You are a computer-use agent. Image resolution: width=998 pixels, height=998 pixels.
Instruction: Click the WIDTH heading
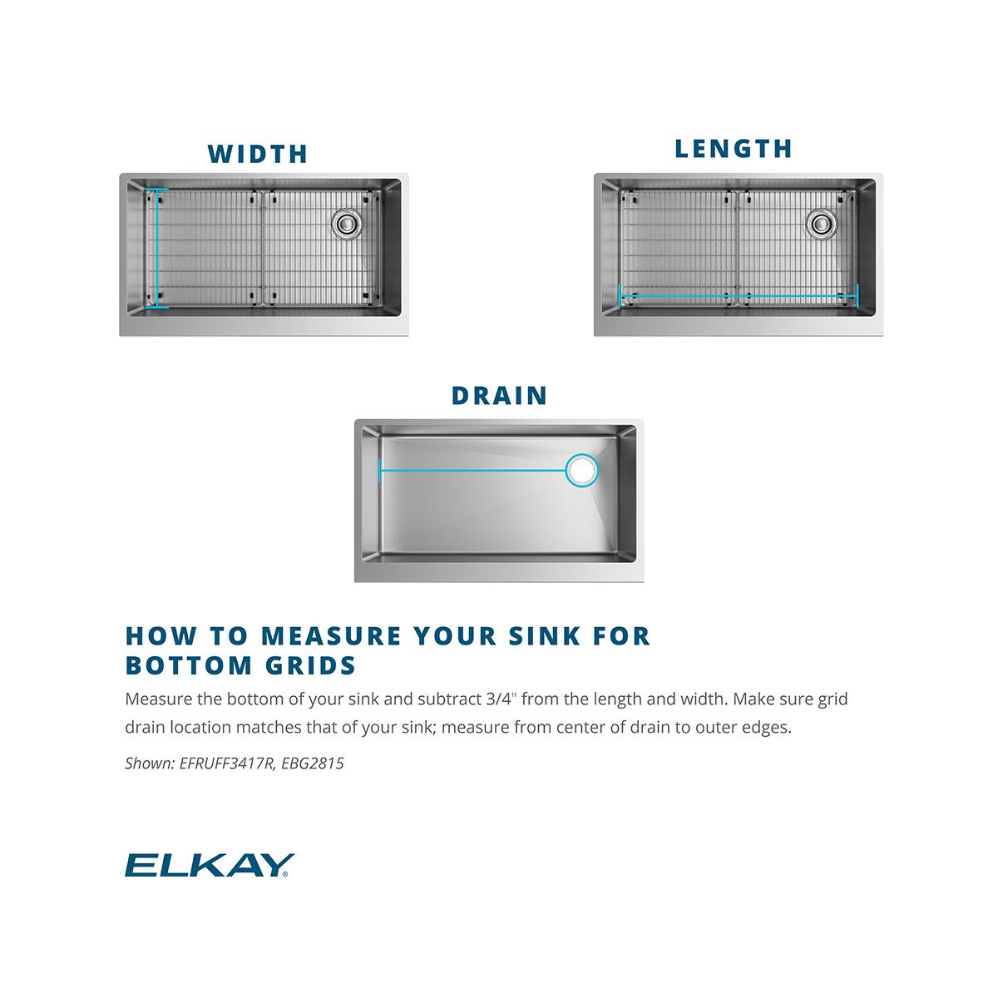coord(258,154)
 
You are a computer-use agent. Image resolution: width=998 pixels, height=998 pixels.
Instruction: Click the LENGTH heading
coord(734,149)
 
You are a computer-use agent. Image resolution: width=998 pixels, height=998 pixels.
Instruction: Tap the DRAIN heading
coord(499,395)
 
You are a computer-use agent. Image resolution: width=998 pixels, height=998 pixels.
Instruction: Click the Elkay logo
coord(209,866)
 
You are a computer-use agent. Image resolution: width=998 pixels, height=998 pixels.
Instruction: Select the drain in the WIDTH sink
coord(346,223)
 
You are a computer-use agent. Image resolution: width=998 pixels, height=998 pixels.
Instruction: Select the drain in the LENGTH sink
coord(820,223)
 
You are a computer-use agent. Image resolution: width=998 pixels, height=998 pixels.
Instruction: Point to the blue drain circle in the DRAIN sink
coord(581,470)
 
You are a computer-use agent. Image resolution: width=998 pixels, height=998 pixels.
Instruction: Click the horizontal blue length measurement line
coord(739,295)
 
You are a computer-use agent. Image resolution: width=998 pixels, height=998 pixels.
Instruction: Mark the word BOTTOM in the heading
coord(188,666)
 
